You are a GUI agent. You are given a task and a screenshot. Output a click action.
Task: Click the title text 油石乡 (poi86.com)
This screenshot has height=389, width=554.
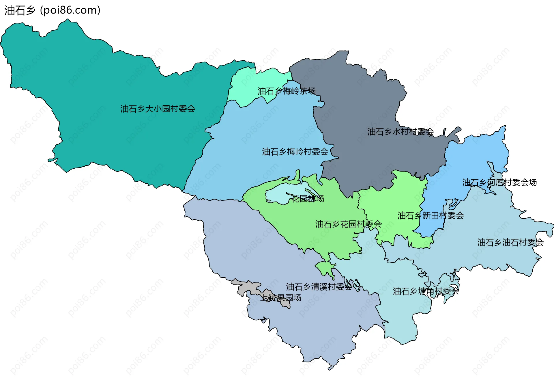[52, 10]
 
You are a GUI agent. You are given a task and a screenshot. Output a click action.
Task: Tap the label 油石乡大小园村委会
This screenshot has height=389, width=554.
[158, 109]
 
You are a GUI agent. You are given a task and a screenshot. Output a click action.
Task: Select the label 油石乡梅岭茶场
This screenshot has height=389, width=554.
[286, 91]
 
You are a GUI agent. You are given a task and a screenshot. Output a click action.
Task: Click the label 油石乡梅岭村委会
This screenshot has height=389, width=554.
[295, 152]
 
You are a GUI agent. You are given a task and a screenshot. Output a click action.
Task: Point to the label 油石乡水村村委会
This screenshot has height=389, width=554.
[400, 132]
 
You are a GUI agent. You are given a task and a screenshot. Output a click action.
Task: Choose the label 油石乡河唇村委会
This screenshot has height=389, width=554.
[499, 183]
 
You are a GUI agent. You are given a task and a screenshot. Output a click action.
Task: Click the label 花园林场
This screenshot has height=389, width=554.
[308, 199]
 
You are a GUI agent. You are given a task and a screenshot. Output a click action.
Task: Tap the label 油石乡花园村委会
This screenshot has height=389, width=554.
[348, 224]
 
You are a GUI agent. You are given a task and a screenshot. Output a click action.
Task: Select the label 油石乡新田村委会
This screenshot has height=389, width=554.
[430, 215]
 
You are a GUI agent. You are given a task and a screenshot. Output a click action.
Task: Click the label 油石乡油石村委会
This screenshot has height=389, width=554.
[510, 242]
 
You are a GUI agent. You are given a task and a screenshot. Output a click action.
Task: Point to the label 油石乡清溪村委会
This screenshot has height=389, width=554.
[319, 287]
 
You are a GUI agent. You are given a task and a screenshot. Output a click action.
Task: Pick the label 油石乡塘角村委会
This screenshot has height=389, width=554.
[426, 291]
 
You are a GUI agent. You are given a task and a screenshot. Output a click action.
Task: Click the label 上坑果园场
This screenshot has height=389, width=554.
[281, 297]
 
